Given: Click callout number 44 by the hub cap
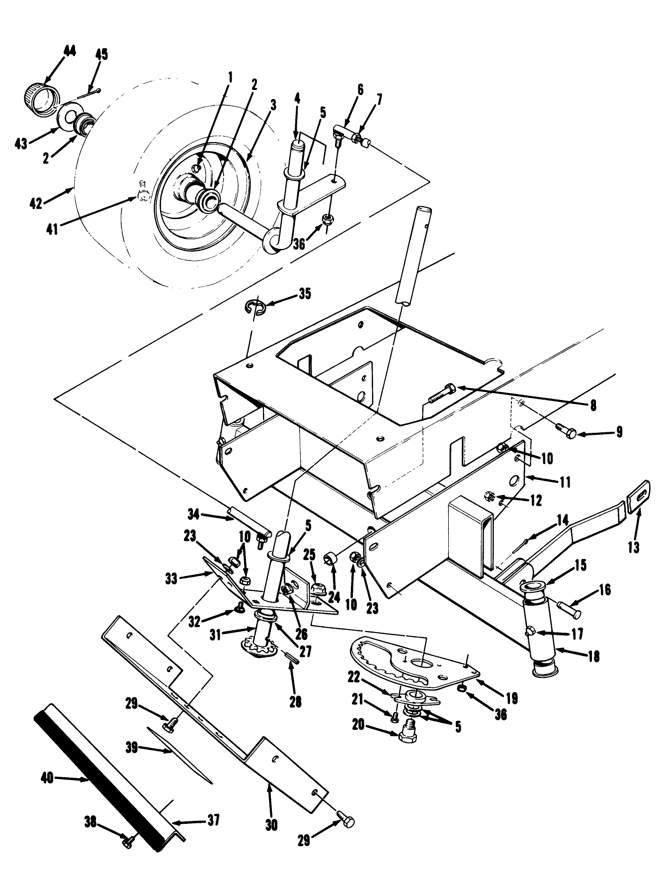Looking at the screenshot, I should click(x=70, y=51).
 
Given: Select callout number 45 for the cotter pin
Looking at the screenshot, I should click(x=101, y=54).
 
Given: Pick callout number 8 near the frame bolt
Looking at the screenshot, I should click(x=592, y=405).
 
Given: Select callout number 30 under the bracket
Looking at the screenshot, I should click(x=271, y=825).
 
